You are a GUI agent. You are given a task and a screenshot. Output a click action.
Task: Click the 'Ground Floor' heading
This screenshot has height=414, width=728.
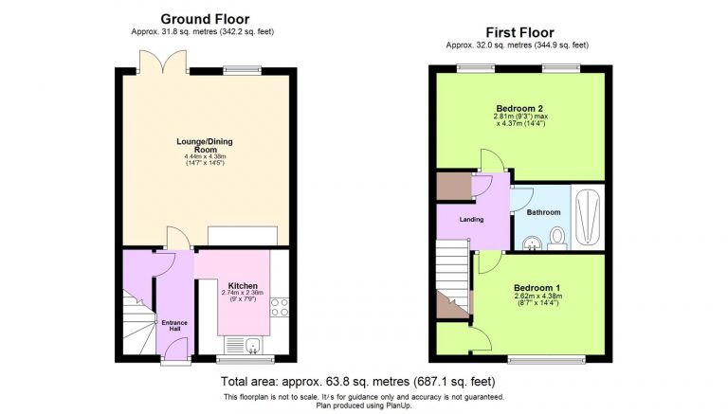(205, 18)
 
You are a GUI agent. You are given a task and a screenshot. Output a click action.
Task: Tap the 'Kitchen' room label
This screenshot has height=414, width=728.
(243, 284)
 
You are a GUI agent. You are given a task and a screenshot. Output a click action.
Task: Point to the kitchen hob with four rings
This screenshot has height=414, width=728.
(280, 306)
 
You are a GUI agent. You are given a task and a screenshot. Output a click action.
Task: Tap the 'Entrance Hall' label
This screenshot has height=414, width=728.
(173, 327)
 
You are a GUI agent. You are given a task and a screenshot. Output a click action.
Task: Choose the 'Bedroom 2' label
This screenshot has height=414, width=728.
(519, 108)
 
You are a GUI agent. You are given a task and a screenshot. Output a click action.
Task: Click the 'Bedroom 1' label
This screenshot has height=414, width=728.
(537, 287)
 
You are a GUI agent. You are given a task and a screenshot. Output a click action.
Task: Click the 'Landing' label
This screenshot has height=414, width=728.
(471, 219)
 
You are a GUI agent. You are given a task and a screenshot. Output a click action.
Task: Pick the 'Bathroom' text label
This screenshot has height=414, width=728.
(543, 212)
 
